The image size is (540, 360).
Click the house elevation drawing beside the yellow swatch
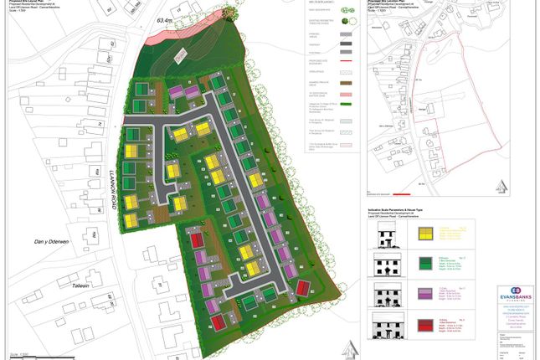pyautogui.click(x=386, y=234)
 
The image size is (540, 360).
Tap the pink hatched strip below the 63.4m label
pyautogui.click(x=179, y=54)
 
